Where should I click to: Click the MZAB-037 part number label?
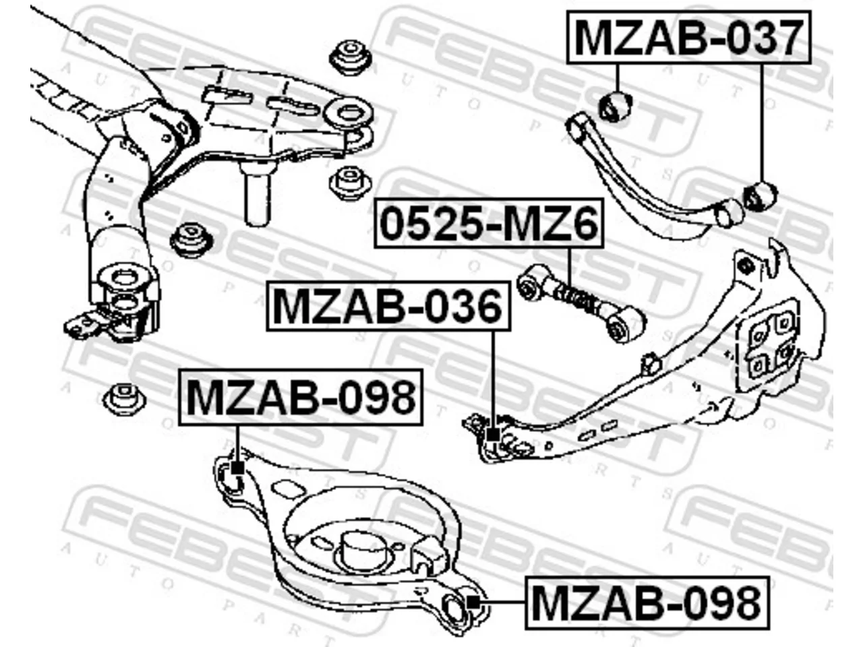[x=688, y=38]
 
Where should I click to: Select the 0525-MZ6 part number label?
[x=489, y=223]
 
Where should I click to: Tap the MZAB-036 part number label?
[x=388, y=306]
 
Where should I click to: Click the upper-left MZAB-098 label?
[x=301, y=397]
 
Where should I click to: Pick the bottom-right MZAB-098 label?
[x=647, y=603]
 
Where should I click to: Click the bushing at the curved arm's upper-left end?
[x=616, y=105]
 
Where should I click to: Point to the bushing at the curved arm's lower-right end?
[x=760, y=196]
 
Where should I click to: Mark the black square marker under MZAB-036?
[x=493, y=435]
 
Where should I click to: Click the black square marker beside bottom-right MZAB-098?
[x=473, y=602]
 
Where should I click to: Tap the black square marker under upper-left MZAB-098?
[x=237, y=468]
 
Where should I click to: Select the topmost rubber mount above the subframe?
[x=351, y=57]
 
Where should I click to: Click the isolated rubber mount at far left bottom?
[x=124, y=398]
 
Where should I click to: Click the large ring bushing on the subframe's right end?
[x=348, y=112]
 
